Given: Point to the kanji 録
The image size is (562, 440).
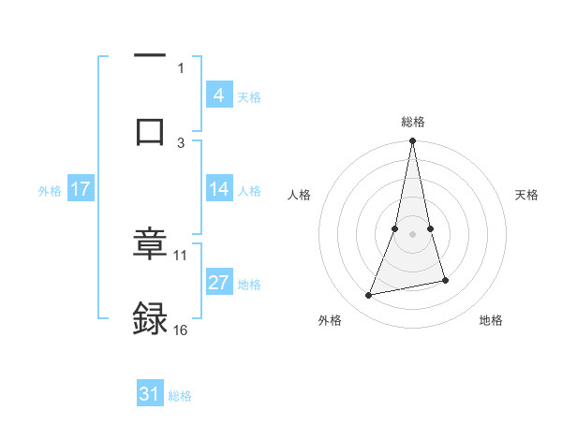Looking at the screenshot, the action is [150, 317].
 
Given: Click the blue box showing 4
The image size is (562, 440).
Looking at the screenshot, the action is [219, 95].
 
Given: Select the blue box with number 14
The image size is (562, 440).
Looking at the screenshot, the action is [219, 189].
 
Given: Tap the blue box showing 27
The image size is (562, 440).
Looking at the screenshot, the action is [219, 282].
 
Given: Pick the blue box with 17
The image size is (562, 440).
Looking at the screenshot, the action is [81, 189].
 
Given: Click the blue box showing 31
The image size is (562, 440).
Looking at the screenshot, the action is [150, 394].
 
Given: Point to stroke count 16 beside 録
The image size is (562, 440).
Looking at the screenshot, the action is [181, 330].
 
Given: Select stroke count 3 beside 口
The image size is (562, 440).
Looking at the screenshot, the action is [181, 142].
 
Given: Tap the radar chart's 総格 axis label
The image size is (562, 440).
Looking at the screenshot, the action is [413, 122].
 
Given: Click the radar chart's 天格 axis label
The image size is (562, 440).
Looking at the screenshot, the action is [526, 195].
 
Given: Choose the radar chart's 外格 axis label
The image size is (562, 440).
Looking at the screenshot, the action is [330, 320].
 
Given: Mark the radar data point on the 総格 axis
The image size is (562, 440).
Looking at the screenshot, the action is [413, 141].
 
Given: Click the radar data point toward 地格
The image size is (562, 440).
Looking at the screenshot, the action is [445, 280].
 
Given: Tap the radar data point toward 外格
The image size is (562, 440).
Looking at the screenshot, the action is [369, 296].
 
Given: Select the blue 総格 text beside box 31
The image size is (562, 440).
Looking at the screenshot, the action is [180, 396].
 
